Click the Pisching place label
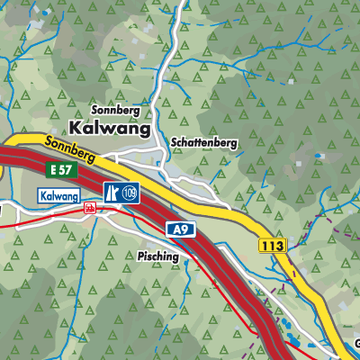coord(158,256)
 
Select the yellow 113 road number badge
coord(271,245)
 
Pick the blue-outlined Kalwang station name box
coord(59,195)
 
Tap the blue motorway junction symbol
coord(112,193)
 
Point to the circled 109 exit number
coord(130,193)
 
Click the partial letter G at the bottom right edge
coord(356,342)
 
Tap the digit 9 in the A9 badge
coord(185,230)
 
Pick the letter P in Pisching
coord(141,256)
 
